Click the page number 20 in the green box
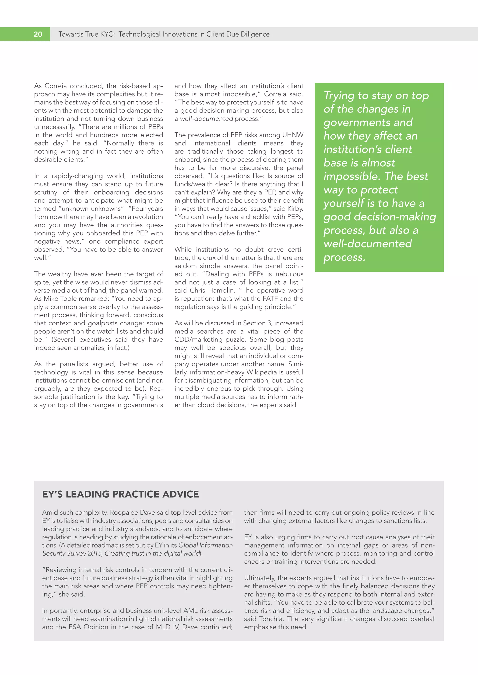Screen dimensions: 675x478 point(38,34)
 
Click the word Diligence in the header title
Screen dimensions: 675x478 point(255,34)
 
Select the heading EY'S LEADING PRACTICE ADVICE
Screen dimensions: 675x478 point(120,494)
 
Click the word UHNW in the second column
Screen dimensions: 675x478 point(293,135)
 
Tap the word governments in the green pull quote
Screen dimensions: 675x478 point(368,122)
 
